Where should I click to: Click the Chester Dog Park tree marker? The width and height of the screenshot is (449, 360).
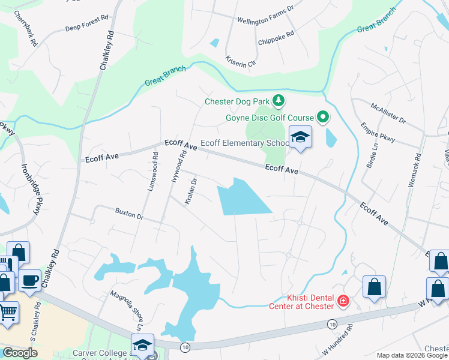coord(278,100)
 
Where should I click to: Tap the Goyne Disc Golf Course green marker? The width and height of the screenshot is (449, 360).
coord(323,118)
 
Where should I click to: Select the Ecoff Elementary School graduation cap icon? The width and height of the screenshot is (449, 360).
coord(300,137)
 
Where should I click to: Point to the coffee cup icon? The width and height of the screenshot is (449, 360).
coord(29,280)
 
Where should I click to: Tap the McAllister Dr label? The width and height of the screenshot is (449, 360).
coord(388,112)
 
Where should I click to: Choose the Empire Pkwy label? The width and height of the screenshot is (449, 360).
coord(378,132)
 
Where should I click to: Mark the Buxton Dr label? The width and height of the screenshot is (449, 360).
coord(129,212)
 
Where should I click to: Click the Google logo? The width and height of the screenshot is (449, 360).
coord(20,353)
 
